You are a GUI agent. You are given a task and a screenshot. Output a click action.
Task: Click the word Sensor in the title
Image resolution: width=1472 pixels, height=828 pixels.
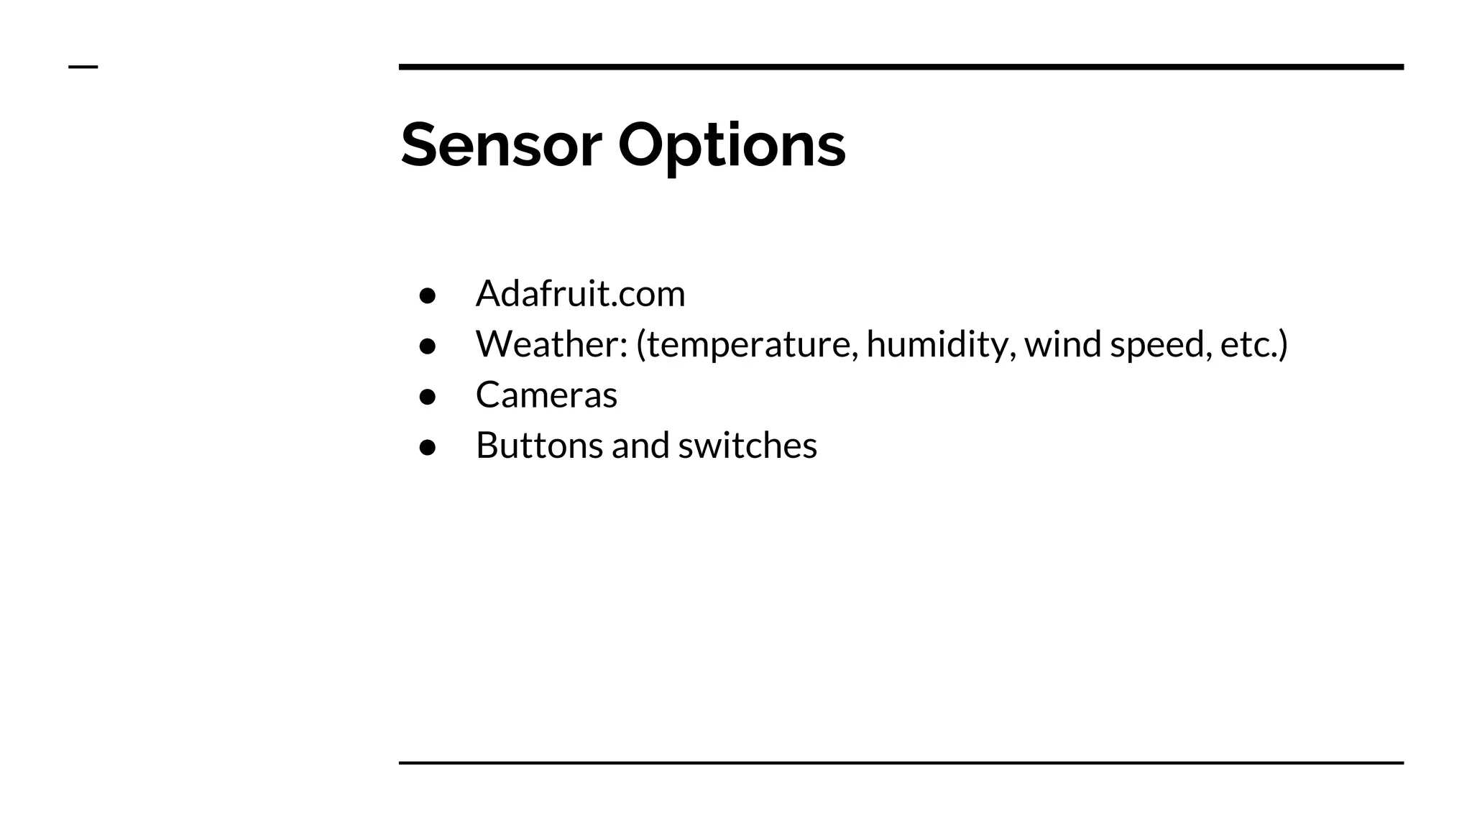click(x=500, y=145)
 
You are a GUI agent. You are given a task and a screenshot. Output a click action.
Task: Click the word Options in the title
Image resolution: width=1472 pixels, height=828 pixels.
click(x=731, y=145)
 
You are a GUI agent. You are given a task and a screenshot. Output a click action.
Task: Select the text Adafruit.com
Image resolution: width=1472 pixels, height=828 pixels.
click(x=580, y=293)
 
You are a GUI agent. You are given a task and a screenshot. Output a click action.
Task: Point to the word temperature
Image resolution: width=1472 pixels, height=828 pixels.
click(x=752, y=345)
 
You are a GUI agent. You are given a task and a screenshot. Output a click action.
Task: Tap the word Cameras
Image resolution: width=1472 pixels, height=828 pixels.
click(x=546, y=395)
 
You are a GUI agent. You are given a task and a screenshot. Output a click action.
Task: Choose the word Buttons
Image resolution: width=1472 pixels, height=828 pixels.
click(x=539, y=445)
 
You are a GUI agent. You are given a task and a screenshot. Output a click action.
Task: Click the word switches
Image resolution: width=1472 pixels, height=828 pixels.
click(x=747, y=445)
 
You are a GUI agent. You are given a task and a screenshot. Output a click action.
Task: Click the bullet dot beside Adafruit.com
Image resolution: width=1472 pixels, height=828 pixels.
click(x=428, y=295)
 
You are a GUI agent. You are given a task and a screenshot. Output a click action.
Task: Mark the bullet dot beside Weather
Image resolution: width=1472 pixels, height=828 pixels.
click(x=428, y=346)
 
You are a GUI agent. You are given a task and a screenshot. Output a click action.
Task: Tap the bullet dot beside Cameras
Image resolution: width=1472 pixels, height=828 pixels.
click(x=428, y=397)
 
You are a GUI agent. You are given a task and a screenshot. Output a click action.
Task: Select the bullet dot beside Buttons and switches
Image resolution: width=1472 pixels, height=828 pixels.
click(x=428, y=447)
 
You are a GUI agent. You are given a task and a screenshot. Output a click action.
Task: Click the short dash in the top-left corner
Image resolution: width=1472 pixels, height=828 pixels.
click(x=83, y=68)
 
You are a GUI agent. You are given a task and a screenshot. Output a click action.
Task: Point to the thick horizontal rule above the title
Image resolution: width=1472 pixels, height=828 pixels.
click(x=901, y=67)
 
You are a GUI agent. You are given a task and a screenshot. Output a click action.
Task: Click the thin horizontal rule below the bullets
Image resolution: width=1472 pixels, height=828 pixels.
click(x=901, y=763)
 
